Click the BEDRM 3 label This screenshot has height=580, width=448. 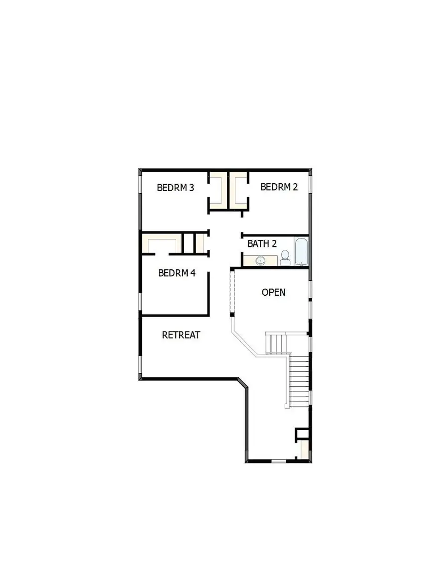pyautogui.click(x=175, y=188)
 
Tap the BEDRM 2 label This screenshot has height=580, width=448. pyautogui.click(x=279, y=187)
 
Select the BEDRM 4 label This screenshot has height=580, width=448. pyautogui.click(x=177, y=273)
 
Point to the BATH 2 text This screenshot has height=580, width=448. pyautogui.click(x=262, y=244)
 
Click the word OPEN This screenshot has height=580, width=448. pyautogui.click(x=274, y=292)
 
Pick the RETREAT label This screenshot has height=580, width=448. pyautogui.click(x=181, y=335)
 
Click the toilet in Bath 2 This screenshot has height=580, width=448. pyautogui.click(x=285, y=257)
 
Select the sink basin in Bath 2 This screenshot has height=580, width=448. pyautogui.click(x=260, y=260)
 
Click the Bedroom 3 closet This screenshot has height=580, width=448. pyautogui.click(x=218, y=191)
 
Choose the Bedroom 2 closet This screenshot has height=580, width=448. pyautogui.click(x=238, y=191)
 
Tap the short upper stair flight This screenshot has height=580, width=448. pyautogui.click(x=277, y=343)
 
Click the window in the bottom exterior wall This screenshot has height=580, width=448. pyautogui.click(x=279, y=462)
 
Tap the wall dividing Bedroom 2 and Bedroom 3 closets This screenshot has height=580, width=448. pyautogui.click(x=228, y=190)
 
